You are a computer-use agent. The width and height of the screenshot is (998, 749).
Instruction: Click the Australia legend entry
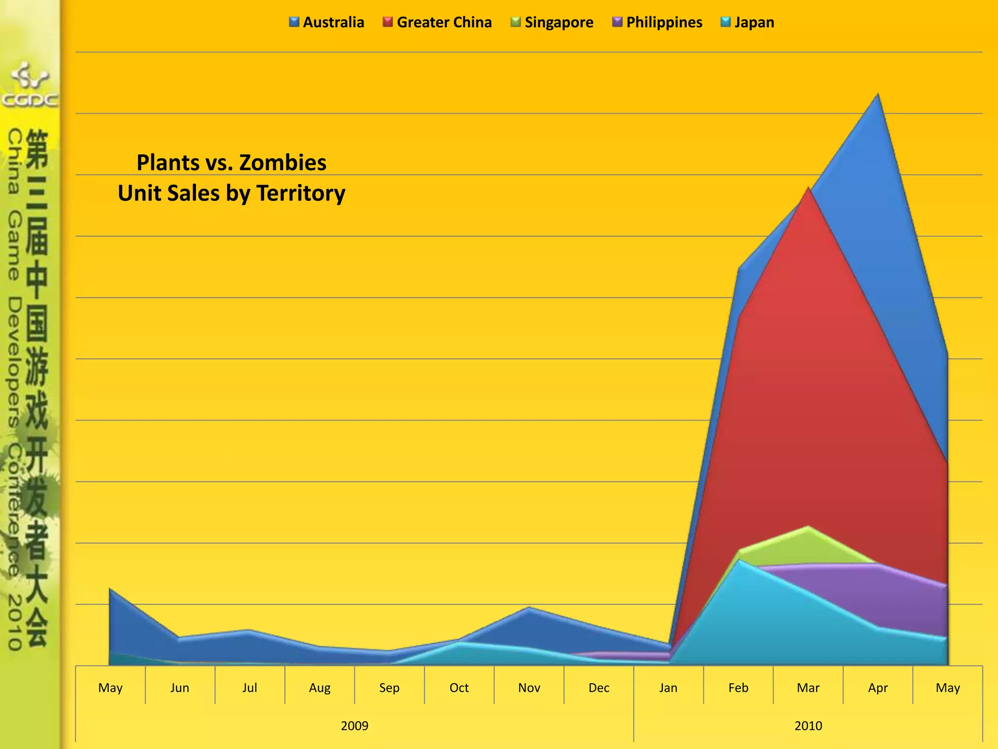pos(326,22)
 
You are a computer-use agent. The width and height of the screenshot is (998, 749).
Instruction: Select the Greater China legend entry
pos(437,22)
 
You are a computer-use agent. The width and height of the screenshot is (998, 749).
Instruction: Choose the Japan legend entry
pos(747,22)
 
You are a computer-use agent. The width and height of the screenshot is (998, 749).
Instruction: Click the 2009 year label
pos(354,726)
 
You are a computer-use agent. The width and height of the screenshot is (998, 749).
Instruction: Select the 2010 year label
pos(808,726)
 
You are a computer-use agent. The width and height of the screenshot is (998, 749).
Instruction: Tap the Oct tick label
pos(459,688)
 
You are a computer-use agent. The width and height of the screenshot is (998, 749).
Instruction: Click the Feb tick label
pos(738,688)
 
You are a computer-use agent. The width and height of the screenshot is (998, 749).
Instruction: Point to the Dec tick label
pos(599,688)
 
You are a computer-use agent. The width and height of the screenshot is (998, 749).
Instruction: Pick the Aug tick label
pos(320,688)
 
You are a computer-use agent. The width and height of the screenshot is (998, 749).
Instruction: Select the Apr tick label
pos(878,688)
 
